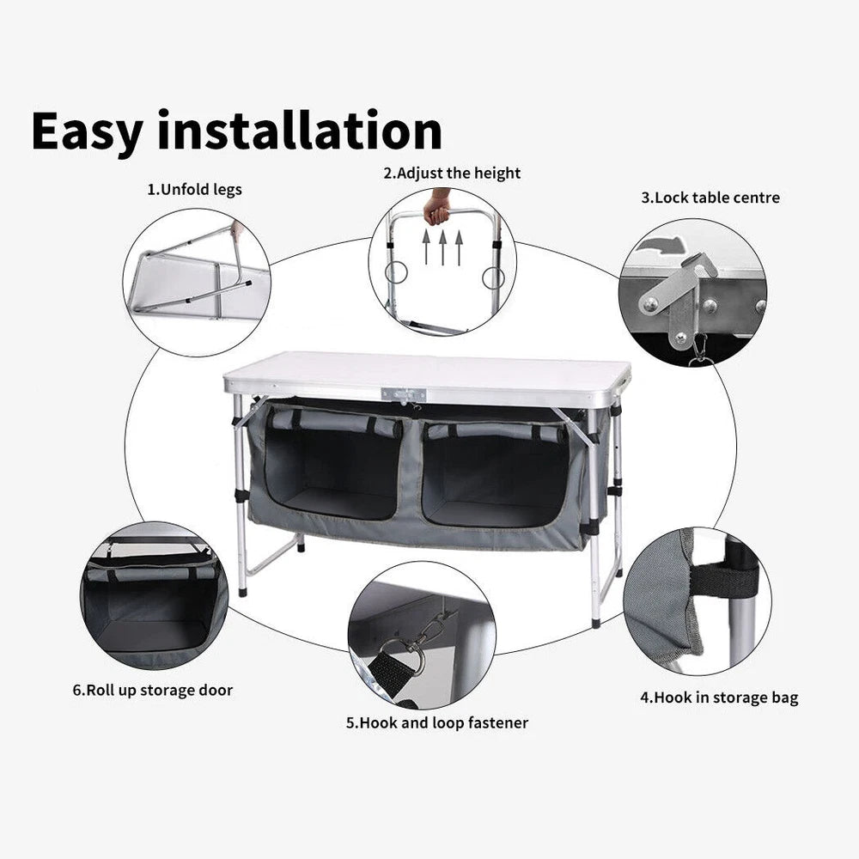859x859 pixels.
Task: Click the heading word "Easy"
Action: click(x=88, y=131)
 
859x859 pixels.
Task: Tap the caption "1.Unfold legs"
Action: click(x=194, y=190)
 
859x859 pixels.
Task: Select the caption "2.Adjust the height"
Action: click(x=452, y=173)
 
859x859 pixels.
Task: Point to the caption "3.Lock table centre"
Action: click(x=710, y=197)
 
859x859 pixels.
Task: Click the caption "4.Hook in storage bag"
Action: click(x=718, y=697)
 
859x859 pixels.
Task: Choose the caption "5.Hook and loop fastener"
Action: click(x=437, y=722)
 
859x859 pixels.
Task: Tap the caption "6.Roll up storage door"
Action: click(x=153, y=689)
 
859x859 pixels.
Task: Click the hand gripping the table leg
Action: click(x=439, y=205)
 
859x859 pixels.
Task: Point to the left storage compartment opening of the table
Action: click(x=332, y=468)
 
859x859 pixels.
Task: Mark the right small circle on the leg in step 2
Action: click(x=493, y=277)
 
